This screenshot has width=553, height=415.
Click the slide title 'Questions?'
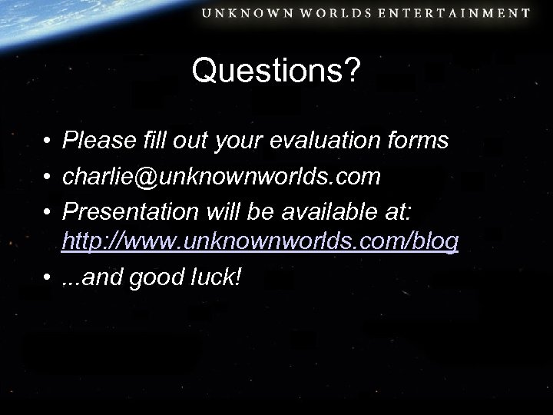tap(276, 71)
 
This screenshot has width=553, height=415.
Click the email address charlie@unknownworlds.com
tap(221, 177)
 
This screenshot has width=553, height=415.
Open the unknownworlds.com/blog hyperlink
tap(261, 242)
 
